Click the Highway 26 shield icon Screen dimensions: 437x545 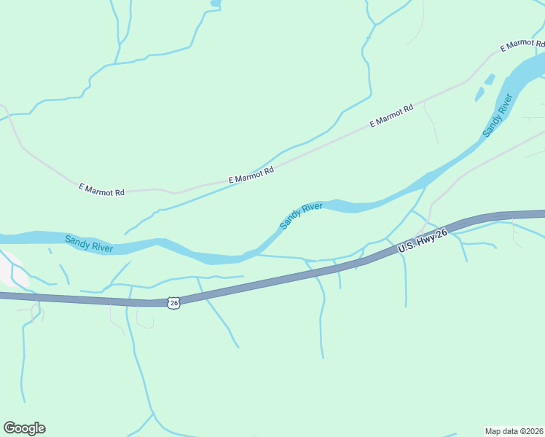click(172, 302)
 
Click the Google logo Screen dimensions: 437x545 click(24, 428)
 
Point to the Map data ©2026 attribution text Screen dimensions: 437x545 click(514, 430)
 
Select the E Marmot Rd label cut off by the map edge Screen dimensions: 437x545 click(522, 44)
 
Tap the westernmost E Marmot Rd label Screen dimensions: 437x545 click(102, 190)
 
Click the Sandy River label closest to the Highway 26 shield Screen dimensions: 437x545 click(89, 243)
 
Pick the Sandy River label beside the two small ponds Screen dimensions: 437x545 click(498, 116)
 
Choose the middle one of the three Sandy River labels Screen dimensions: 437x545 click(301, 216)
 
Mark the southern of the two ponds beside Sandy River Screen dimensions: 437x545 click(479, 95)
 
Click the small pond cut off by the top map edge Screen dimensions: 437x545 click(215, 3)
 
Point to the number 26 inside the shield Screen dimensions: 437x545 click(172, 302)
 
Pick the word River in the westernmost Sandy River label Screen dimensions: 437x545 click(101, 247)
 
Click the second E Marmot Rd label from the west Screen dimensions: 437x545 click(251, 175)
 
